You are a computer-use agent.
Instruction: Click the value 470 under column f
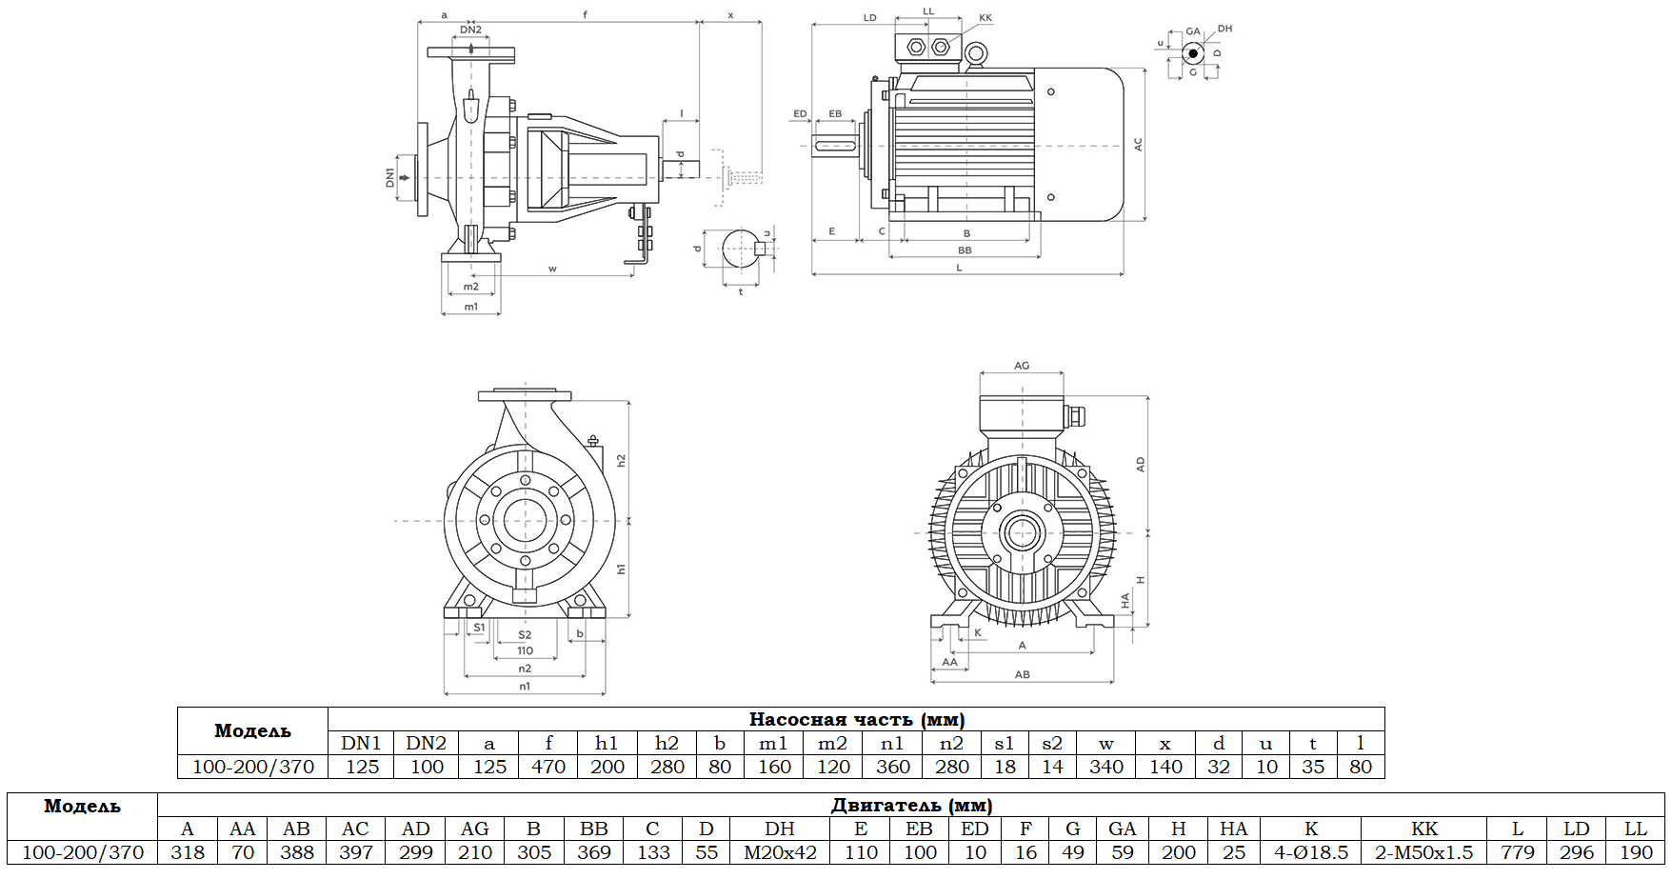pos(548,767)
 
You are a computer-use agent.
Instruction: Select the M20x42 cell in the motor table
pos(780,852)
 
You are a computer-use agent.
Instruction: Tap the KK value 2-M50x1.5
pos(1423,852)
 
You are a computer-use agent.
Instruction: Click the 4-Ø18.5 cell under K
pos(1311,852)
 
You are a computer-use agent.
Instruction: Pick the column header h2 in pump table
pos(667,743)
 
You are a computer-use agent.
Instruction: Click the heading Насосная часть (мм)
pos(856,719)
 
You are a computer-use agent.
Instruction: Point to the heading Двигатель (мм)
pos(911,805)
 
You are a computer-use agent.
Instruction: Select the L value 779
pos(1518,852)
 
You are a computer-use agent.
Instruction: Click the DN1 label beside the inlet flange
pos(389,177)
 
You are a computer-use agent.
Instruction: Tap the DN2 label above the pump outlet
pos(470,30)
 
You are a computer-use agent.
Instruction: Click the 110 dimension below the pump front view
pos(525,651)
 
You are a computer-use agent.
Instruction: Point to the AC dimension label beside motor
pos(1138,145)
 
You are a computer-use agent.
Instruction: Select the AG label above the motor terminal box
pos(1022,366)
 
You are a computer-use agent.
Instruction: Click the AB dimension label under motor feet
pos(1022,674)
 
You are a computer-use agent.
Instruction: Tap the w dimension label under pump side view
pos(552,269)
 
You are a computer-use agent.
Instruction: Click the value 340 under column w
pos(1105,767)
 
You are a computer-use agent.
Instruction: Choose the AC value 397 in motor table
pos(355,852)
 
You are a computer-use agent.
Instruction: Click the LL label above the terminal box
pos(928,11)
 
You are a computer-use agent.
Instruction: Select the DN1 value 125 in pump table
pos(362,767)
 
